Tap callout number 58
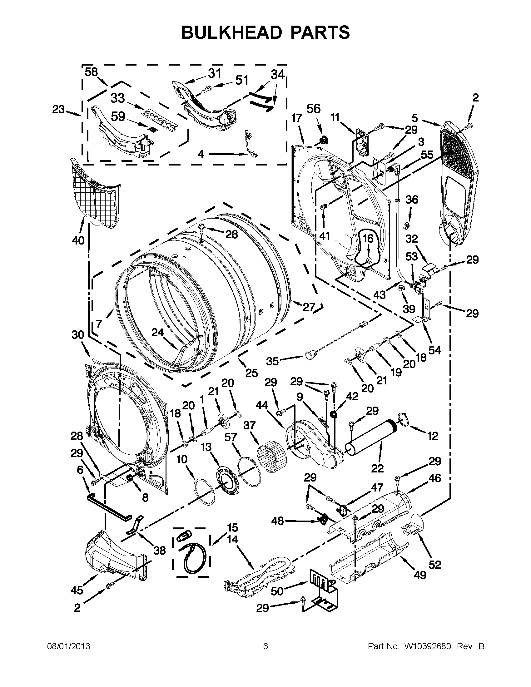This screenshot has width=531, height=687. [92, 72]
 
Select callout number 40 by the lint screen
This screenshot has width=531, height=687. [78, 240]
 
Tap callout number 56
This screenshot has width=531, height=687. [313, 109]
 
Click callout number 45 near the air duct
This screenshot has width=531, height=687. [77, 590]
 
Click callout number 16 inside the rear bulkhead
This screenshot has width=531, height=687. [368, 239]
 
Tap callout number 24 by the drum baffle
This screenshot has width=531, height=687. [158, 333]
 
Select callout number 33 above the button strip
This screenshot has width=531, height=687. [118, 98]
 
